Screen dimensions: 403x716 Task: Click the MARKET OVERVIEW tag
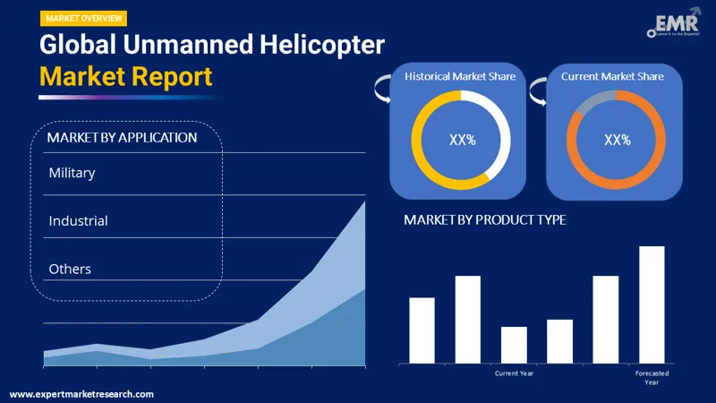coord(83,18)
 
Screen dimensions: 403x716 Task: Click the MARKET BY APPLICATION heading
coord(122,138)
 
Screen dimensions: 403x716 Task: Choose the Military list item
coord(72,173)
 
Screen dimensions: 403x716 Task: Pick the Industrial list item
coord(78,220)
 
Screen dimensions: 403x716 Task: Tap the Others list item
coord(70,269)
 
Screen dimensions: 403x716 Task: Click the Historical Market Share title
coord(460,77)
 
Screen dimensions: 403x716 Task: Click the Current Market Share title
coord(612,77)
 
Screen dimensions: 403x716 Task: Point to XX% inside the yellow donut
coord(462,140)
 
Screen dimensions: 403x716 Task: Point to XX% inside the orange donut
coord(617,140)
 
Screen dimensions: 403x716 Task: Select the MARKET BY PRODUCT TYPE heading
coord(484,220)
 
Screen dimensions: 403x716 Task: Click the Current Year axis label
coord(514,373)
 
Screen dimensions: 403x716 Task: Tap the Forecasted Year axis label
coord(652,377)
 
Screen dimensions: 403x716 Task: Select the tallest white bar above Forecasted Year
coord(652,304)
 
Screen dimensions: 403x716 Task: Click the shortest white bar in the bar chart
coord(514,345)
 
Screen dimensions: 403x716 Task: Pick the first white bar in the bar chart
coord(422,330)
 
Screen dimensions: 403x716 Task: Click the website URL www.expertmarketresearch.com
coord(81,394)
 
